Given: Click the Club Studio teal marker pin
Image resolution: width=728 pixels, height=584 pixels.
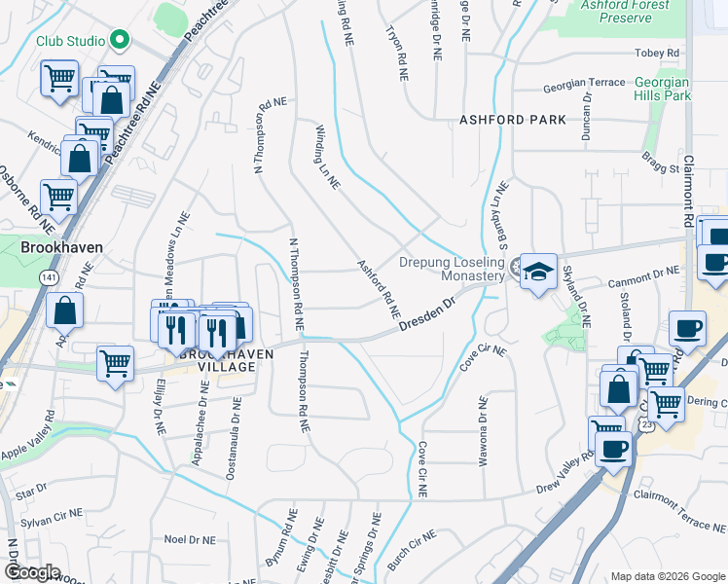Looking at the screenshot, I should click(120, 41).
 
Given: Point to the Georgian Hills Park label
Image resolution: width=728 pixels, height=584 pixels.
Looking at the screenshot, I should click(662, 90).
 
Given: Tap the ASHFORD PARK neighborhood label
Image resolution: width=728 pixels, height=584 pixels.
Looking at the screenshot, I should click(513, 120).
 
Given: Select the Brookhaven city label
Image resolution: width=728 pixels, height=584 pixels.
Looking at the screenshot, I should click(61, 247).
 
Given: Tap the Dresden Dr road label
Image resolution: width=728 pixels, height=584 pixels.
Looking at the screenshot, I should click(427, 319).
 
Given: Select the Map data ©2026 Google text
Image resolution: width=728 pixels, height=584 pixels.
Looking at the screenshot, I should click(668, 576).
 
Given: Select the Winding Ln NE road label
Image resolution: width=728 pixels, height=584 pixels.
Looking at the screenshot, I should click(327, 156).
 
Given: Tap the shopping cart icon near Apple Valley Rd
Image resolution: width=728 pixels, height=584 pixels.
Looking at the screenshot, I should click(115, 365).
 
